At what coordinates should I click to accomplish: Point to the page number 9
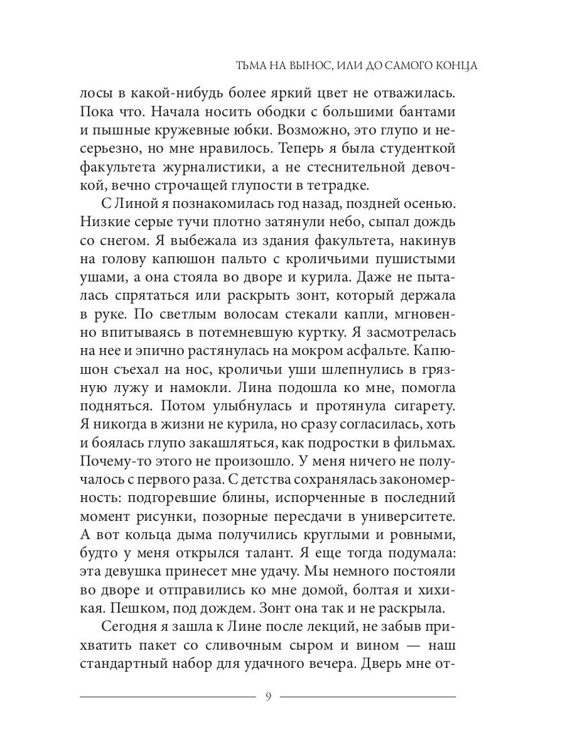(x=268, y=697)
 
